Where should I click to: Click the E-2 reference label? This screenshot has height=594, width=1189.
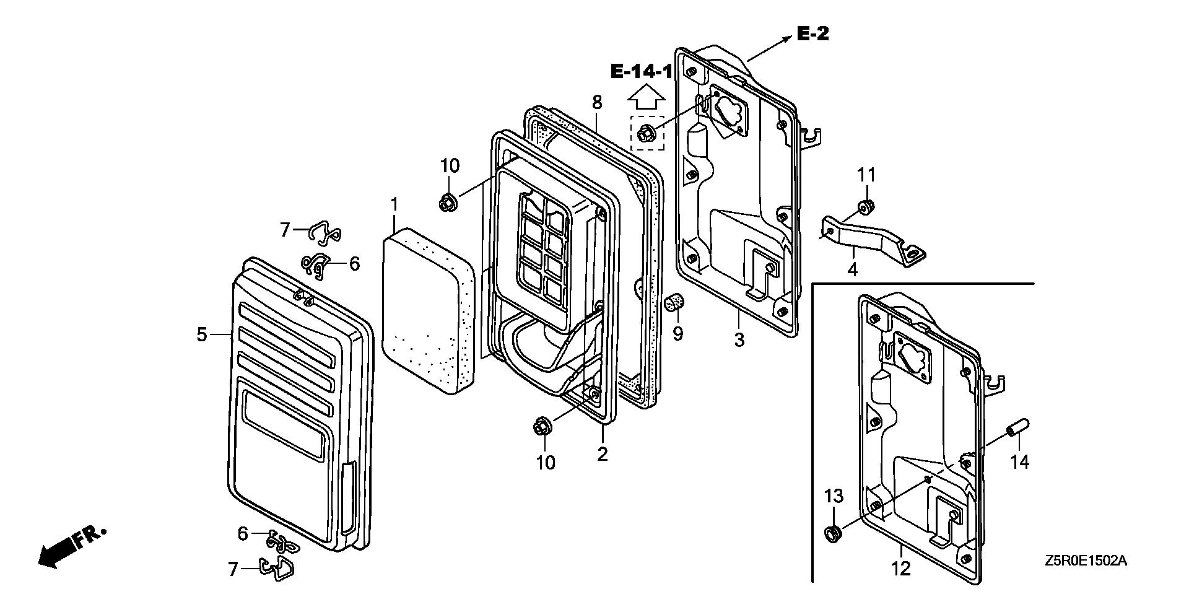tap(812, 33)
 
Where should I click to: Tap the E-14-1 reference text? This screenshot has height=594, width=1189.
tap(642, 72)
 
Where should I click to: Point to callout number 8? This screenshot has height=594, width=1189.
tap(597, 102)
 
